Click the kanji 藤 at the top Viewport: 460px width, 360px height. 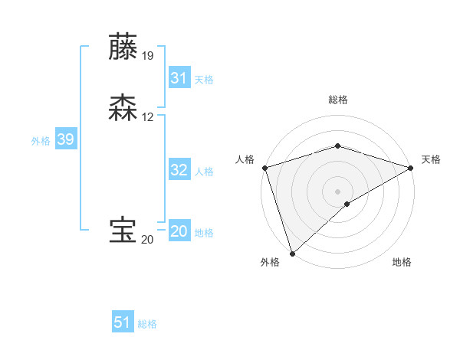pos(123,47)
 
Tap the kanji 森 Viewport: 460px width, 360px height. pos(123,108)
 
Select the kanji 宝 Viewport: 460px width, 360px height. pos(123,231)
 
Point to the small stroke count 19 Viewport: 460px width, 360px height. pos(148,56)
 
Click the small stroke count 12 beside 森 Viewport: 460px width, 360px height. pos(148,117)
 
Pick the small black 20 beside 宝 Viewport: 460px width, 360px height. pos(147,240)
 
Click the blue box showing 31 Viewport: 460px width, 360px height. pos(179,78)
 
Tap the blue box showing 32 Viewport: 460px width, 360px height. pos(179,170)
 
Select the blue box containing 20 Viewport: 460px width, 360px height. pos(179,231)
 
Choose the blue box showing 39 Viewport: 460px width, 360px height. pos(65,139)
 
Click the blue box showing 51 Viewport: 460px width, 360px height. pos(123,322)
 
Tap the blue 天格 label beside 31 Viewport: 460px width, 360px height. pos(204,80)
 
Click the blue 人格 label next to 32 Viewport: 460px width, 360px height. pos(204,172)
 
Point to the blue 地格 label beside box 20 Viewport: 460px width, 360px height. pos(204,233)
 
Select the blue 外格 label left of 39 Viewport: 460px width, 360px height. pos(41,141)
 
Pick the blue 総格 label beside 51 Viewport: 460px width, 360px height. pos(147,324)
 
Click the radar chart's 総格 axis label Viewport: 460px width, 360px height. pos(337,100)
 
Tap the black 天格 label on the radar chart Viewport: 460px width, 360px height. pos(431,159)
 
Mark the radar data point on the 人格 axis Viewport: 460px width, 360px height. pos(264,167)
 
